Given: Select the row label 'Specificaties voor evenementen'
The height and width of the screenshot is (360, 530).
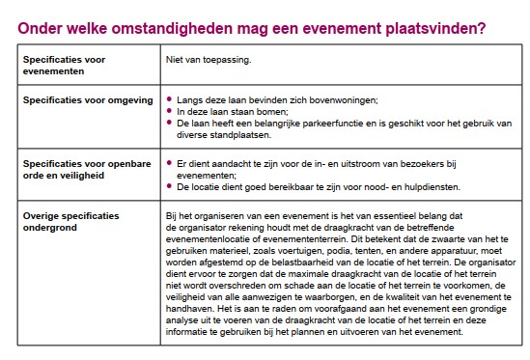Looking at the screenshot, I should pyautogui.click(x=64, y=65).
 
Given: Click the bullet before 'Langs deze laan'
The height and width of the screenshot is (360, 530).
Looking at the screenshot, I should pyautogui.click(x=170, y=99).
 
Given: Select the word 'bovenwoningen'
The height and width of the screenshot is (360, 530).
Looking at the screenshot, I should pyautogui.click(x=336, y=99).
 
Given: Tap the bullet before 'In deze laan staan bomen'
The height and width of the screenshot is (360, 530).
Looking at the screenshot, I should pyautogui.click(x=170, y=112).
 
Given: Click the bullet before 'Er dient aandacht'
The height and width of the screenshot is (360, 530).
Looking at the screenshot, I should pyautogui.click(x=170, y=164).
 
